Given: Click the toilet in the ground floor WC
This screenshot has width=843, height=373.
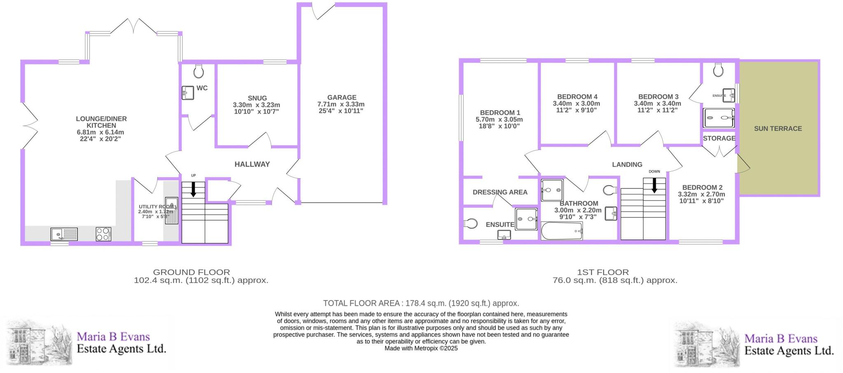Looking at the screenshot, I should (198, 71).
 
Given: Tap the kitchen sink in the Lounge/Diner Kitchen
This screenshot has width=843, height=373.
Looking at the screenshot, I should (64, 234).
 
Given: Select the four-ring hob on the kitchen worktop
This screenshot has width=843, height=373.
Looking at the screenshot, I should (103, 234).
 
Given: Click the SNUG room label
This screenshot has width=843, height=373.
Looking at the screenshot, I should (257, 98).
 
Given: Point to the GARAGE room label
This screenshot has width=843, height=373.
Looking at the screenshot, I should (342, 98).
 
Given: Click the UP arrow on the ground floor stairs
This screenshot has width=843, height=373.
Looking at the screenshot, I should (193, 189).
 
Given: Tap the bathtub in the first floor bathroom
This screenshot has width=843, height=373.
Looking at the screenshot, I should (562, 231).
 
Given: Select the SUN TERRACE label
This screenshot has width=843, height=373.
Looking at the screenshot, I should (778, 128).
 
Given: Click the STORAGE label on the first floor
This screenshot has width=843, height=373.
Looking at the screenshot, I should (719, 138).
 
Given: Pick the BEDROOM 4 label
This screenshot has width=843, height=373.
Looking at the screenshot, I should (575, 97).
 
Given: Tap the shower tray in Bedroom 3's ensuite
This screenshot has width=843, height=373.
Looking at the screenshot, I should (718, 118).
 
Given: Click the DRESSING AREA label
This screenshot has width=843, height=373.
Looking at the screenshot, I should (500, 192).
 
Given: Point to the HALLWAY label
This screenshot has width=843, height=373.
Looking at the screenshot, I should (252, 164).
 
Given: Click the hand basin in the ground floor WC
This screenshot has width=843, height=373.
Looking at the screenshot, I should (188, 93).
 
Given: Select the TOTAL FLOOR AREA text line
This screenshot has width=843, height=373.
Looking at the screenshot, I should (421, 303).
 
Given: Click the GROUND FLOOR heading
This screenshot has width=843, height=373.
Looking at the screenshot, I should (191, 272).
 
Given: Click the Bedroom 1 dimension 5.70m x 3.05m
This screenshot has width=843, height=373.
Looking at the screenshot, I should (499, 119).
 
